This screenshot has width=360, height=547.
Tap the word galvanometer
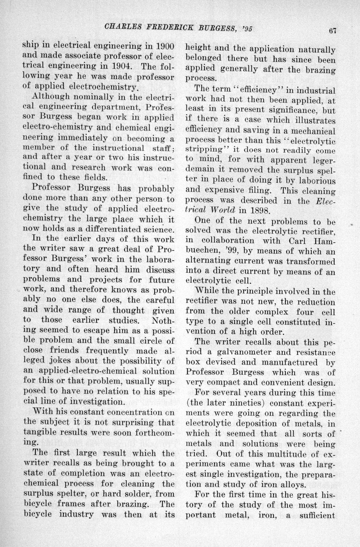231,352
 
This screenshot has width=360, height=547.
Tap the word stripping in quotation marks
202,151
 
